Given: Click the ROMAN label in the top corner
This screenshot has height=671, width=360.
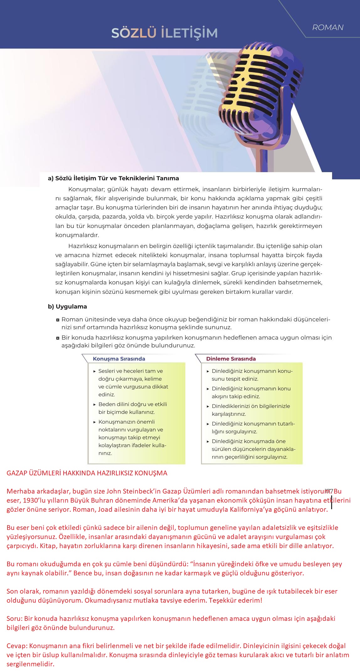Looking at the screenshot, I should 328,28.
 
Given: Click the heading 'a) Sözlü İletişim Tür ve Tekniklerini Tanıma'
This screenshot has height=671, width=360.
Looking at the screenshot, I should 113,178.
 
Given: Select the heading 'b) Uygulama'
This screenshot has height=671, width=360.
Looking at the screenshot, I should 67,306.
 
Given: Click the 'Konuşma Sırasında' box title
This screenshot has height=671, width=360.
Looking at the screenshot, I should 119,359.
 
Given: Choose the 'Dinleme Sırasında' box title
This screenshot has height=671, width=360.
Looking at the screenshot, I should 231,359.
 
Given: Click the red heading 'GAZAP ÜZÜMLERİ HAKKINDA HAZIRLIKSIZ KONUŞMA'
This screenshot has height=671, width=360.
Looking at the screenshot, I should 87,473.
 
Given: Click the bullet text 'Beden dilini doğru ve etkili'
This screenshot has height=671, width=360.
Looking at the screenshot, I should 133,404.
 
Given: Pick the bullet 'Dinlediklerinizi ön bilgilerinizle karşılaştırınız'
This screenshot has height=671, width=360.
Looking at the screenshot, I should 251,410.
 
